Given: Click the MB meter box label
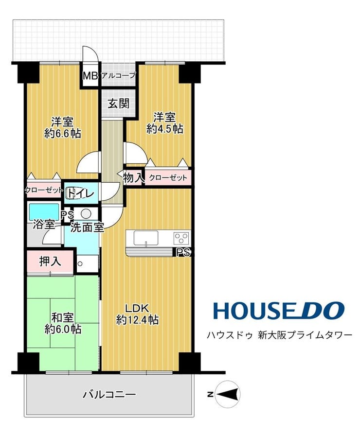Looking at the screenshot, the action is click(x=90, y=76).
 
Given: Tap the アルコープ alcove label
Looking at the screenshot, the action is click(x=119, y=75).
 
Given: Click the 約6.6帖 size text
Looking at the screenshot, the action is click(x=63, y=134).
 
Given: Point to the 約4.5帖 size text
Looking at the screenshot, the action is click(x=165, y=129).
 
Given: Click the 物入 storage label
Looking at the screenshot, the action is click(x=133, y=178).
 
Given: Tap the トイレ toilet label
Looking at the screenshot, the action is click(x=81, y=192).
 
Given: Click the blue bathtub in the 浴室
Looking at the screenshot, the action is click(x=44, y=212).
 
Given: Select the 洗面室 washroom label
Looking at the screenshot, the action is click(x=87, y=227).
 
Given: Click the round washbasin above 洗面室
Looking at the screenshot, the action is click(x=86, y=214).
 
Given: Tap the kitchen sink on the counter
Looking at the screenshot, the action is click(x=146, y=238).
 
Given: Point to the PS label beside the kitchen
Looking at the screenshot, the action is click(x=183, y=252).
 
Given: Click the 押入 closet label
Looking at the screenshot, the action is click(x=50, y=262).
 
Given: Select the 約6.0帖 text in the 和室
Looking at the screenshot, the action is click(x=63, y=330).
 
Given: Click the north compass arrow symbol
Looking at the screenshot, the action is click(x=228, y=394).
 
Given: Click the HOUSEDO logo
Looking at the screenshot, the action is click(x=279, y=310).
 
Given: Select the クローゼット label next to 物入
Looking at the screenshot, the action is click(x=168, y=178).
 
